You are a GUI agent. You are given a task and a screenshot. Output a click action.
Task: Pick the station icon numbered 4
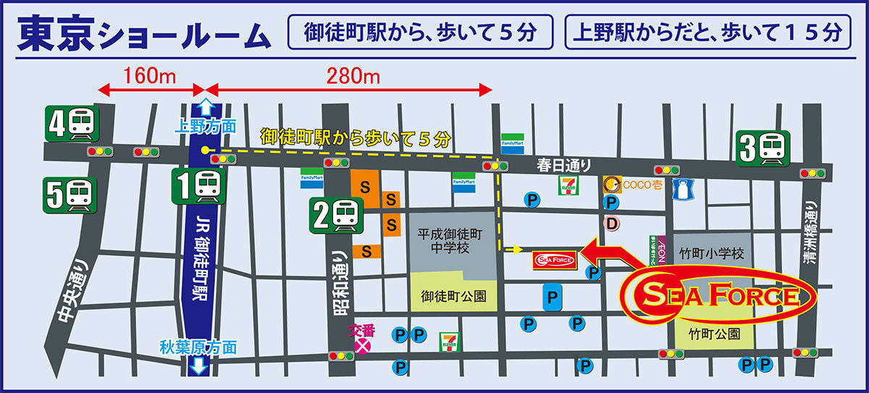(x=72, y=124)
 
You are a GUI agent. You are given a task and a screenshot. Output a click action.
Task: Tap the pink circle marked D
(x=612, y=225)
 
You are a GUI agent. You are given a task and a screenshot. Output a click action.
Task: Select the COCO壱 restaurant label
(x=643, y=185)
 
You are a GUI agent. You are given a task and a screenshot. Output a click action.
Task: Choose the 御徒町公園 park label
(x=453, y=297)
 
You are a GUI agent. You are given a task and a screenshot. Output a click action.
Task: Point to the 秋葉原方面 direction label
(x=198, y=347)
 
